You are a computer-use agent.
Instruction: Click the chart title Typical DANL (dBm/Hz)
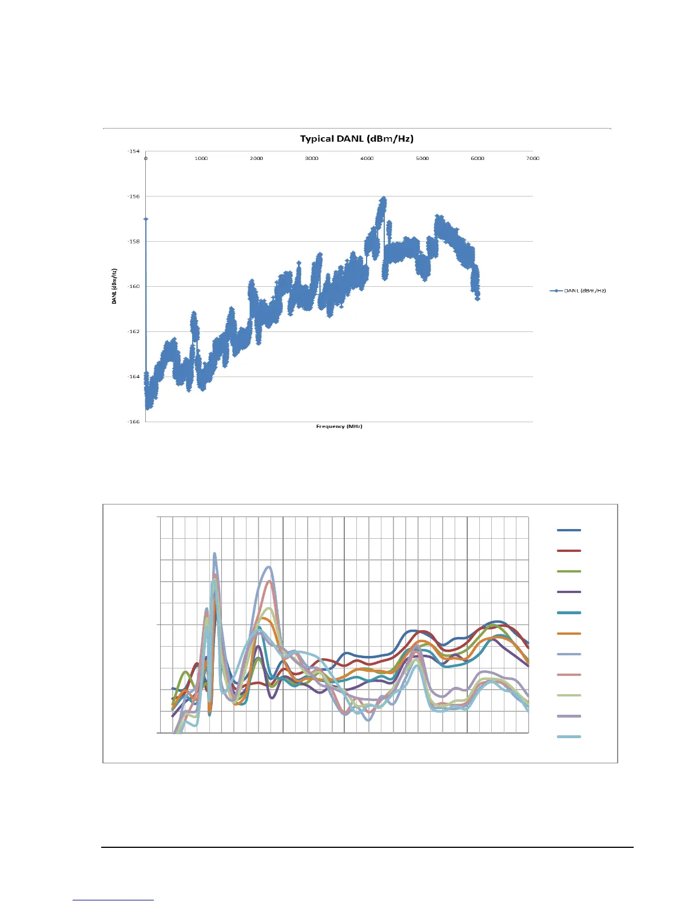click(x=356, y=139)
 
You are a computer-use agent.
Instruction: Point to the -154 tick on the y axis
click(x=133, y=151)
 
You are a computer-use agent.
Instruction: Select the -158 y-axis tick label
click(x=133, y=241)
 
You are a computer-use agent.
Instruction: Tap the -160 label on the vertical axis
click(x=133, y=286)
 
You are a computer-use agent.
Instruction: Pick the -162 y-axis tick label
click(x=133, y=331)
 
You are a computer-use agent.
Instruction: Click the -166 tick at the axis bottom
click(x=133, y=422)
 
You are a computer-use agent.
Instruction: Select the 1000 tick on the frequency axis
click(x=201, y=158)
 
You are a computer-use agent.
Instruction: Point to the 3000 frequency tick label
click(x=312, y=158)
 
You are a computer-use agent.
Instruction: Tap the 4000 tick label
click(x=367, y=158)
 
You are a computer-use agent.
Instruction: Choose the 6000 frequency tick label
click(x=478, y=158)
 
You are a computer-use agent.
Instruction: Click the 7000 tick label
click(x=532, y=158)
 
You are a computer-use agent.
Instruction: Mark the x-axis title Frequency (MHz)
click(x=339, y=426)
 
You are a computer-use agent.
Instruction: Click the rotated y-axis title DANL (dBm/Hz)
click(x=114, y=286)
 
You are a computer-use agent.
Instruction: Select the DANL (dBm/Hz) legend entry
click(x=578, y=291)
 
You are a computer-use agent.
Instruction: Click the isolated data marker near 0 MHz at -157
click(x=146, y=219)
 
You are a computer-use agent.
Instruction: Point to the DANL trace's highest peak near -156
click(x=383, y=198)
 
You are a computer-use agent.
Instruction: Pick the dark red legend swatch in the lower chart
click(x=568, y=551)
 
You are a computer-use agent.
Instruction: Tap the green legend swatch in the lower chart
click(x=568, y=571)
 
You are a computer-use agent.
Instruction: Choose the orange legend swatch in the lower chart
click(x=568, y=634)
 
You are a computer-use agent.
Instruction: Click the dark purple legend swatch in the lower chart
click(x=568, y=592)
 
